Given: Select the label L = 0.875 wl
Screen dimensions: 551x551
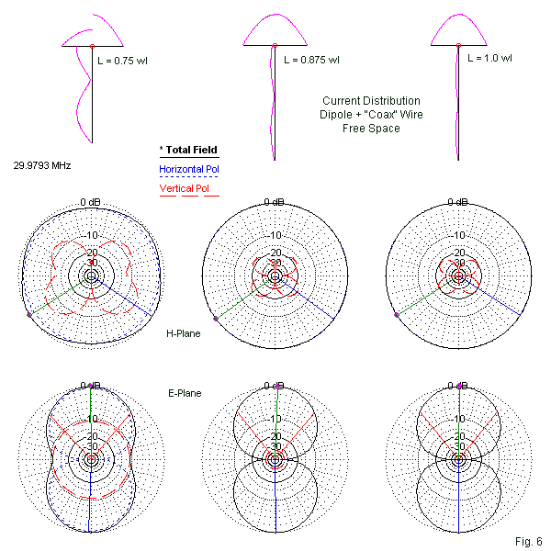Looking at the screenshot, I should pyautogui.click(x=311, y=61).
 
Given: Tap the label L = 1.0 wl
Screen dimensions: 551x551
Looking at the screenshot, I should pyautogui.click(x=492, y=57).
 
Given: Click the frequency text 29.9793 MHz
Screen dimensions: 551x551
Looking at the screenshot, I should pyautogui.click(x=42, y=165).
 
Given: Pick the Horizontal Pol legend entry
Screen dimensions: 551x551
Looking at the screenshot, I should pyautogui.click(x=189, y=169).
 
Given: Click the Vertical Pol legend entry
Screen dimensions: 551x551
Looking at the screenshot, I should pyautogui.click(x=185, y=189).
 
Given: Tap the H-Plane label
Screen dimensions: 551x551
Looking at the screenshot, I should pyautogui.click(x=183, y=334).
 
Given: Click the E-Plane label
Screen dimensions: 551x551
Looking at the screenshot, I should pyautogui.click(x=184, y=393).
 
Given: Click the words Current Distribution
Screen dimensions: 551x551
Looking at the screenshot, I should pyautogui.click(x=371, y=101).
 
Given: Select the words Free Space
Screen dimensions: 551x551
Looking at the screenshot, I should pyautogui.click(x=371, y=129).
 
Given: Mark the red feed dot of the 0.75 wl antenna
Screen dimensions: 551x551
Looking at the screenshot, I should pyautogui.click(x=92, y=45).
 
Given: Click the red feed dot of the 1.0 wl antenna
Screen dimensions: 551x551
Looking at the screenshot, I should pyautogui.click(x=457, y=45).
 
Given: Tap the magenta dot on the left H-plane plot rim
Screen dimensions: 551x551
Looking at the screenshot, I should pyautogui.click(x=29, y=315).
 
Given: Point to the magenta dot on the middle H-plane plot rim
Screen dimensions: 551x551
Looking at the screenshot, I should pyautogui.click(x=216, y=318).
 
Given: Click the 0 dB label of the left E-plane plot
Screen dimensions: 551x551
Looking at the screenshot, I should pyautogui.click(x=90, y=386).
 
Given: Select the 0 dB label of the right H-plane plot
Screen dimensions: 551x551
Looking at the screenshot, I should pyautogui.click(x=457, y=202).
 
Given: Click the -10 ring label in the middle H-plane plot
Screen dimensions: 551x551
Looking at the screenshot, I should pyautogui.click(x=275, y=235).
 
